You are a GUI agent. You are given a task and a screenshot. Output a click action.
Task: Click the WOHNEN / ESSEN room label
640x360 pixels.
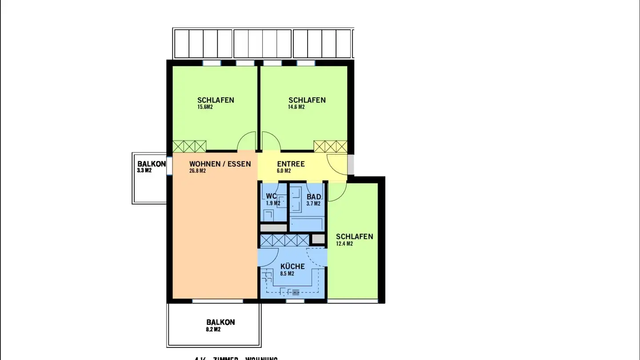tap(220, 164)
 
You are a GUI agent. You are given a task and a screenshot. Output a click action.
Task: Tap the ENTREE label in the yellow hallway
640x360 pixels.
tap(291, 164)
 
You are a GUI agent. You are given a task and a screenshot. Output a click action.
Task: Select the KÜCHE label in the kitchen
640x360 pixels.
tap(292, 267)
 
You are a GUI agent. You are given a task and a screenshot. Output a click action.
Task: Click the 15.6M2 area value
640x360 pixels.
tap(205, 107)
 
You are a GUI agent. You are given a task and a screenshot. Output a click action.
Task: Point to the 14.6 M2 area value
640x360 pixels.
tap(296, 107)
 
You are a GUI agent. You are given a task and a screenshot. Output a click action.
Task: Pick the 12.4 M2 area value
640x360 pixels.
tap(344, 244)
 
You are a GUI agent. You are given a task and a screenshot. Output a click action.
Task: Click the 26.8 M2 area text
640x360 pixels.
tap(197, 171)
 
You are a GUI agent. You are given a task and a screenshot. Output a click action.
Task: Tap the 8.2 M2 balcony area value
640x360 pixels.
tap(213, 329)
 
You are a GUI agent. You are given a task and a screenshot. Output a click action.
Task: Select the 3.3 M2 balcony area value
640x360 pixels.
tap(144, 170)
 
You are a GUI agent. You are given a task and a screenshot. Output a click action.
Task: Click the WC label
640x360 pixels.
tap(271, 196)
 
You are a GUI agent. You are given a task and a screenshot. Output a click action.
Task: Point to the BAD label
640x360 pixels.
tap(314, 197)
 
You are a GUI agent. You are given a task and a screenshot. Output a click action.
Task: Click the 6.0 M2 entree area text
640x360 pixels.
tap(284, 171)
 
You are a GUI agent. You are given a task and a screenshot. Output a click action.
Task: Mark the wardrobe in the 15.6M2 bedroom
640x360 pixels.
tap(189, 146)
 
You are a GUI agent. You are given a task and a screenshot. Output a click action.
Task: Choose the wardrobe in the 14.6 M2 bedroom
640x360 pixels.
tap(330, 146)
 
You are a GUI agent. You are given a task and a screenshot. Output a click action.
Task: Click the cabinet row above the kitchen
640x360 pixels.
tap(284, 240)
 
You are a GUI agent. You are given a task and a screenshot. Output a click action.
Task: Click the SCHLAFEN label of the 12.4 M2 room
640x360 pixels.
tap(354, 236)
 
